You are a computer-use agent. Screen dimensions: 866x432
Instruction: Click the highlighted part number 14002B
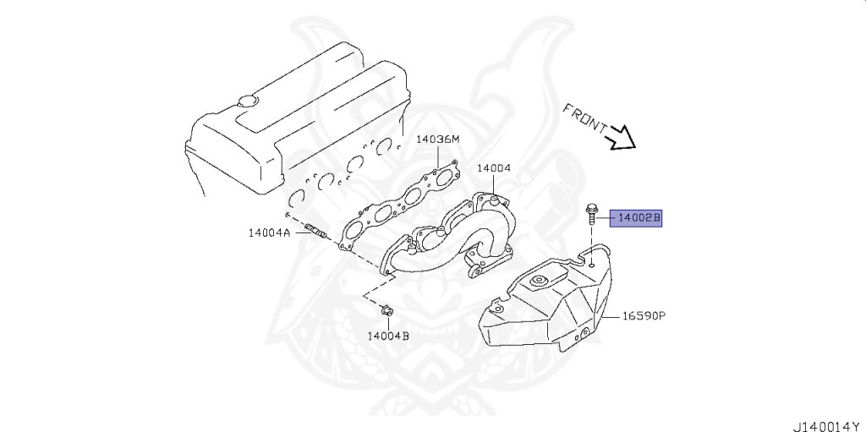pos(635,219)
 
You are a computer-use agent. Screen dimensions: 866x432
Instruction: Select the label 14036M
pos(437,139)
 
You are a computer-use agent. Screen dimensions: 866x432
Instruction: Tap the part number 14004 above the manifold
pos(494,168)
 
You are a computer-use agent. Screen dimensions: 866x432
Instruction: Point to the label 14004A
pos(269,232)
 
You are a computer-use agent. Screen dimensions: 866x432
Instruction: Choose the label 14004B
pos(388,336)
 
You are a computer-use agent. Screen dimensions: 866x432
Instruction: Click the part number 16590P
pos(644,316)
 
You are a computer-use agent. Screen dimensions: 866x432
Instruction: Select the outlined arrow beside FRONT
pos(620,139)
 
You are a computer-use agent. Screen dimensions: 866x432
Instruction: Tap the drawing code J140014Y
pos(829,427)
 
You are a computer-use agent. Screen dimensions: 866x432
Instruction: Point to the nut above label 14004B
pos(386,310)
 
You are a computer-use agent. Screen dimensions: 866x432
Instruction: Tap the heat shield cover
pos(547,301)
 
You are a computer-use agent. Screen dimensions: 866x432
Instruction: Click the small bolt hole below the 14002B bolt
pos(591,265)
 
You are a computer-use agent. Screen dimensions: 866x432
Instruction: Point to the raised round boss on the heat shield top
pos(536,282)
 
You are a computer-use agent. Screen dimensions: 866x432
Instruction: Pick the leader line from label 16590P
pos(611,316)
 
